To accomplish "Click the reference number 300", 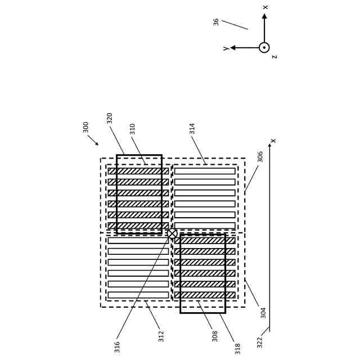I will point(86,127).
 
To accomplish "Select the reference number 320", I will point(110,118).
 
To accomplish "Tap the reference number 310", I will point(133,129).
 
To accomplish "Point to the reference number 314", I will point(192,128).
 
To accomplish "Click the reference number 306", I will point(260,157).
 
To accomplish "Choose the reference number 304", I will point(263,313).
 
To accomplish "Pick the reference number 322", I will point(260,343).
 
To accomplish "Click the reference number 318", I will point(238,349).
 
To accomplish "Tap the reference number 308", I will point(215,336).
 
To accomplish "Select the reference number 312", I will point(161,336).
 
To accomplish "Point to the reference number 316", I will point(118,347).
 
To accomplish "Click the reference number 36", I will point(217,22).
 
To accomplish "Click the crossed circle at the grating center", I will point(172,233).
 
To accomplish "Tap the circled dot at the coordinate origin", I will point(264,48).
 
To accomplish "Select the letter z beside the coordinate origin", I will point(274,57).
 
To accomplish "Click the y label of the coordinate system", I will point(226,49).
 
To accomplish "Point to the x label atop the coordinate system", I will point(265,7).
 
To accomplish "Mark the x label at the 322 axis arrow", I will point(273,141).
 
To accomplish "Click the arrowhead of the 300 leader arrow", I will point(97,144).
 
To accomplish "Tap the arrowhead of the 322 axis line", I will point(269,145).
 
